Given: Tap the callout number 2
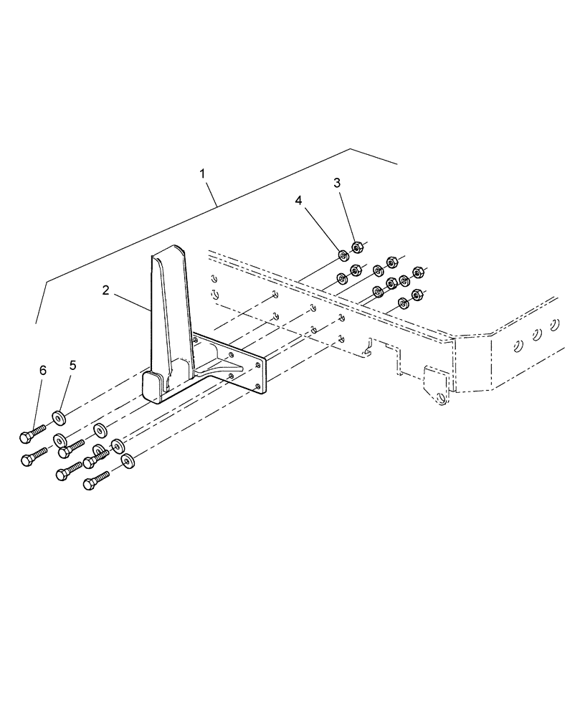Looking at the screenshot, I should [x=105, y=290].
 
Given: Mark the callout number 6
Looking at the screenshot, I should [x=42, y=370].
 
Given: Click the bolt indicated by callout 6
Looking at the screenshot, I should [x=33, y=432].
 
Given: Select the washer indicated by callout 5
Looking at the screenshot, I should [x=58, y=417].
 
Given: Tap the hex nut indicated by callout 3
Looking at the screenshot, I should [x=358, y=248].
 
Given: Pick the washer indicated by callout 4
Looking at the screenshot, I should [x=343, y=255].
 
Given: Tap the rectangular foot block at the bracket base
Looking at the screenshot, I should [x=153, y=386].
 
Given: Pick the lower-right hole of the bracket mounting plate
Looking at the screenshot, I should [x=256, y=387].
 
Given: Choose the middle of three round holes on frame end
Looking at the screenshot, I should [x=536, y=335].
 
